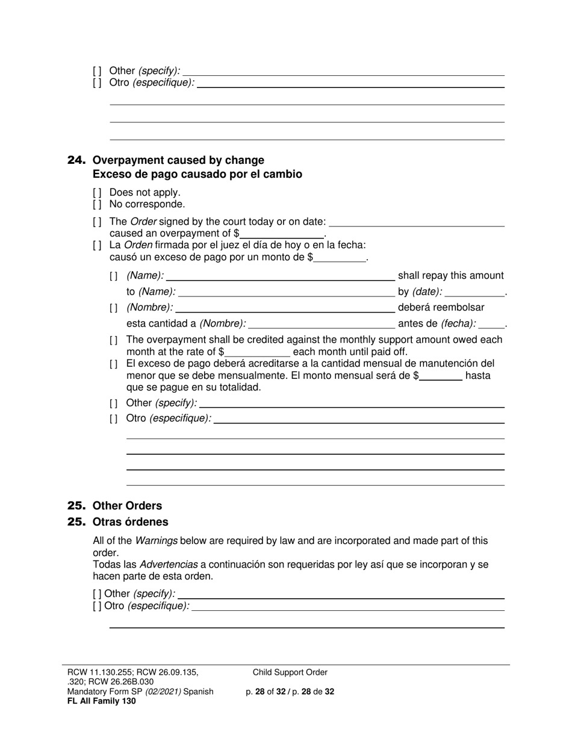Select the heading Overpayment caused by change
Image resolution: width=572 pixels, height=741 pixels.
coord(178,160)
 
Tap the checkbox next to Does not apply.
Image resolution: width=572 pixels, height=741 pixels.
coord(97,193)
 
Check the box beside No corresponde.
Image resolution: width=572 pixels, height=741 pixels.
coord(97,204)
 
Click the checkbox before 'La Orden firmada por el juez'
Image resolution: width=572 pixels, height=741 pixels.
coord(97,246)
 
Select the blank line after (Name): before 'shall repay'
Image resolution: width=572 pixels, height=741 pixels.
coord(280,277)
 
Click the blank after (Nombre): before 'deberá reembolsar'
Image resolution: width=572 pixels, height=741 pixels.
coord(280,308)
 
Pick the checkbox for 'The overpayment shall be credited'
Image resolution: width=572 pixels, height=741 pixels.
coord(114,340)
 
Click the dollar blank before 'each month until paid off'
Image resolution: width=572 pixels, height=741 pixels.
coord(257,352)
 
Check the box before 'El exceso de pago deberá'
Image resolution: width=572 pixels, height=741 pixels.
coord(114,364)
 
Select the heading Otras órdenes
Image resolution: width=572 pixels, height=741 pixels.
coord(130,522)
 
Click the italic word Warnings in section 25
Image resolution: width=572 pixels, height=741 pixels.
coord(156,541)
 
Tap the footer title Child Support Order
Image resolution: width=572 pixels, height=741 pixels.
coord(290,673)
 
